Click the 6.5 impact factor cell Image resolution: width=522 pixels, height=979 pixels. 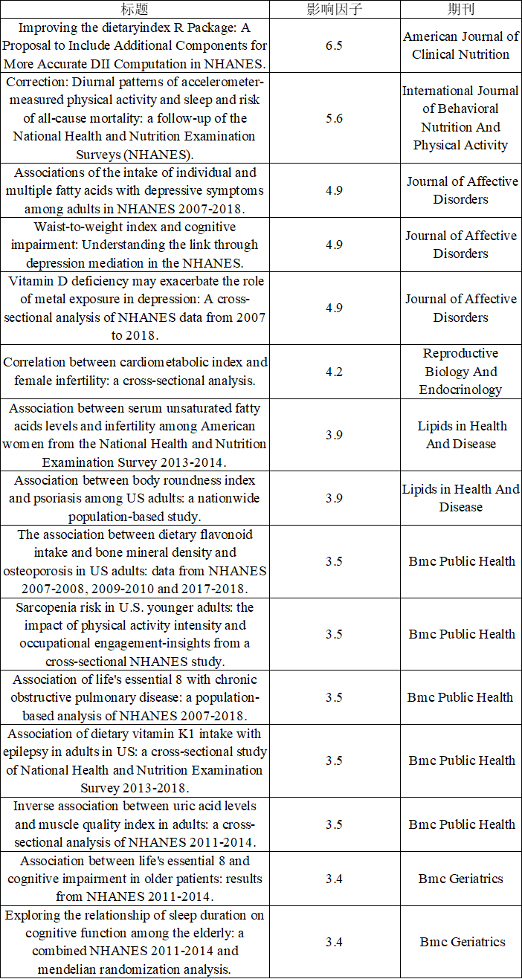[334, 45]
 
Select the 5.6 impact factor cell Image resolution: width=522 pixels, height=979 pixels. [334, 118]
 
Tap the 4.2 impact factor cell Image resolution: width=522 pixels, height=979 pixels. [334, 372]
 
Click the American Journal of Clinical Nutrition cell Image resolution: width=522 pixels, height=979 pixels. [460, 45]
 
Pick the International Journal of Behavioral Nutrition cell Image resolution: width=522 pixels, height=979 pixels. [460, 118]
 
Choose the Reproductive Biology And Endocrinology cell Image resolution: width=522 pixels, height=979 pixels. [460, 372]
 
